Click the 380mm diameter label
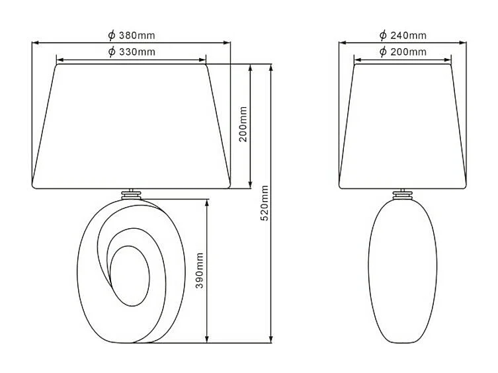point(132,35)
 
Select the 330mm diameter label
point(132,52)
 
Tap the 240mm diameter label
point(403,35)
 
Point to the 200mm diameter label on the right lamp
point(403,52)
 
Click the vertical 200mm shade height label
point(243,125)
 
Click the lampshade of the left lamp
point(132,126)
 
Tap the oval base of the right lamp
point(403,271)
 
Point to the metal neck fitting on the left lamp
point(132,194)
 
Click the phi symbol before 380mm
point(112,35)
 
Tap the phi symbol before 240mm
point(383,35)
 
